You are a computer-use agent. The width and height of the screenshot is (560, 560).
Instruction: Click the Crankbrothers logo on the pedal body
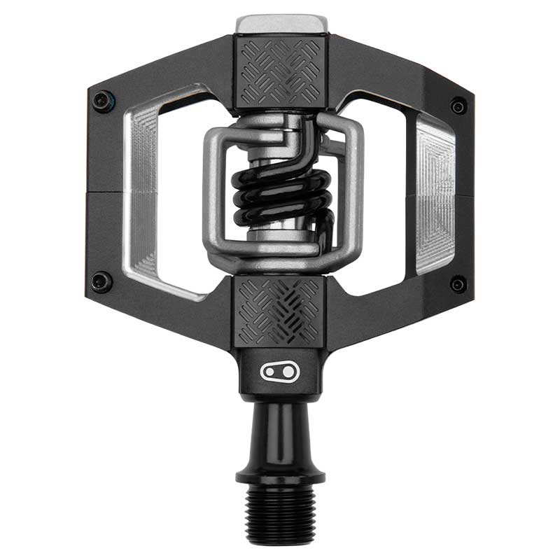click(280, 372)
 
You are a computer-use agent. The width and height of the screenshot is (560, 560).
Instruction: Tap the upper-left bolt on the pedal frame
click(102, 101)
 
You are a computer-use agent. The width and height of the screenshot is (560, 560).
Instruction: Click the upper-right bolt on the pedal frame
click(458, 106)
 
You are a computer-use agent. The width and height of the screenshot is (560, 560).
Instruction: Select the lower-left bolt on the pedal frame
click(101, 282)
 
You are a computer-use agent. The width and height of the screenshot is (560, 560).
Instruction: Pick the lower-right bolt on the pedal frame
click(458, 283)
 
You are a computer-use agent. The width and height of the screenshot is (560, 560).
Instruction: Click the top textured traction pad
click(280, 70)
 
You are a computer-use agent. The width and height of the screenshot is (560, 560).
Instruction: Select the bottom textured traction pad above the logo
click(280, 311)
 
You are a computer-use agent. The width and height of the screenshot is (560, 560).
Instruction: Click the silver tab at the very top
click(281, 23)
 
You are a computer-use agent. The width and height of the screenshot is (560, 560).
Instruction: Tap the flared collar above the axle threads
click(280, 476)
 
